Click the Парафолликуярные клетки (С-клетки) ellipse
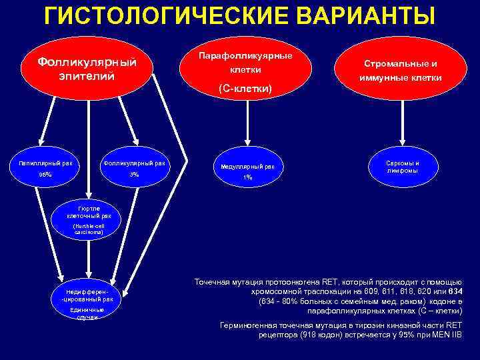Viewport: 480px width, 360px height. (x=246, y=71)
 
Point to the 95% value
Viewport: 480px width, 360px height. (x=45, y=175)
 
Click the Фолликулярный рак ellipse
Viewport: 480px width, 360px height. (x=134, y=169)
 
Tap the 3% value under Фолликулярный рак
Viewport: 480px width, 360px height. (x=134, y=175)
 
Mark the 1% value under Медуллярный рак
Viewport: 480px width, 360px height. (x=247, y=177)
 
